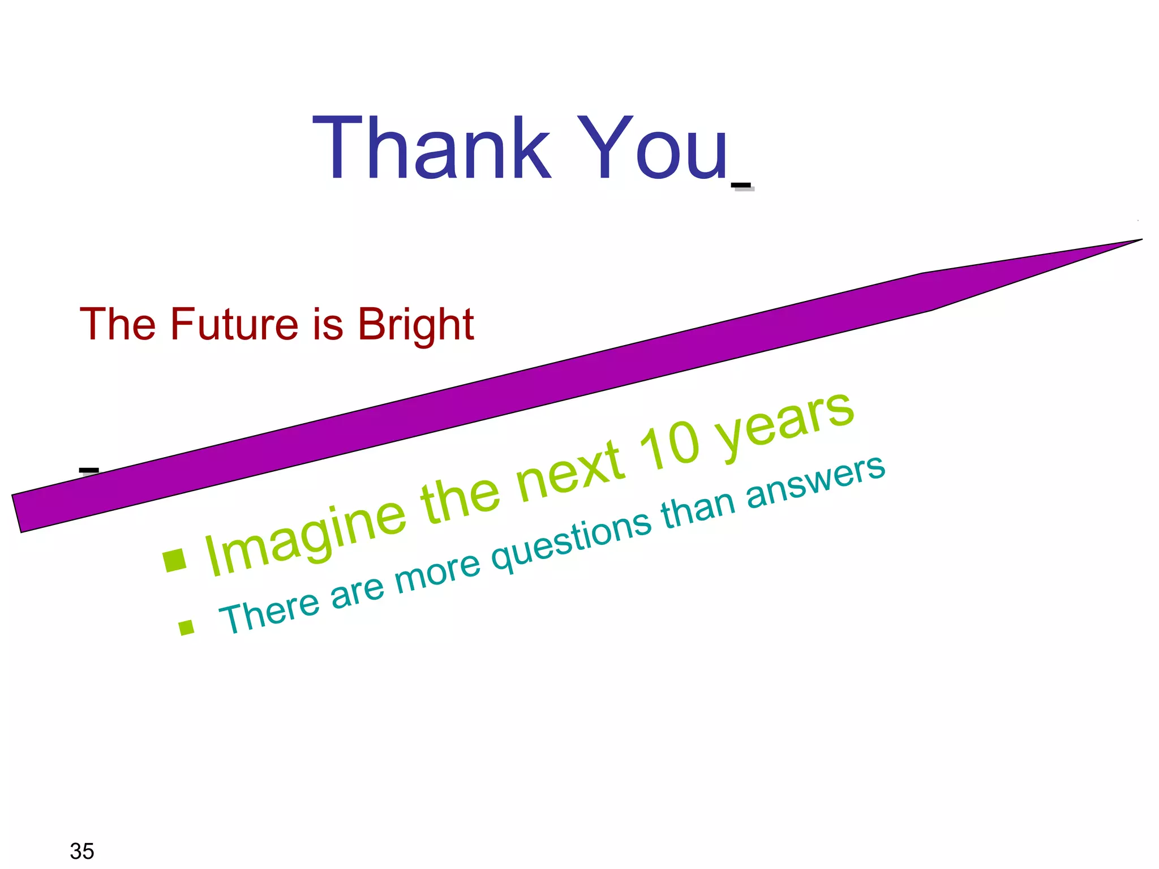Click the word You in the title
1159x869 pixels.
coord(651,148)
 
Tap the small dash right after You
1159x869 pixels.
coord(741,186)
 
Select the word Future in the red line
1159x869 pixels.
coord(234,324)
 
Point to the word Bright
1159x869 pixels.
coord(416,325)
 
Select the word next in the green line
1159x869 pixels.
coord(572,472)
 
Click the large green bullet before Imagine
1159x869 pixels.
coord(174,560)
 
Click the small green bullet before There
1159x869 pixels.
coord(186,627)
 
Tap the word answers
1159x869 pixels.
coord(815,481)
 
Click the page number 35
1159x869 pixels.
coord(81,851)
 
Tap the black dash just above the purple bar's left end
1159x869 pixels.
coord(89,470)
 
